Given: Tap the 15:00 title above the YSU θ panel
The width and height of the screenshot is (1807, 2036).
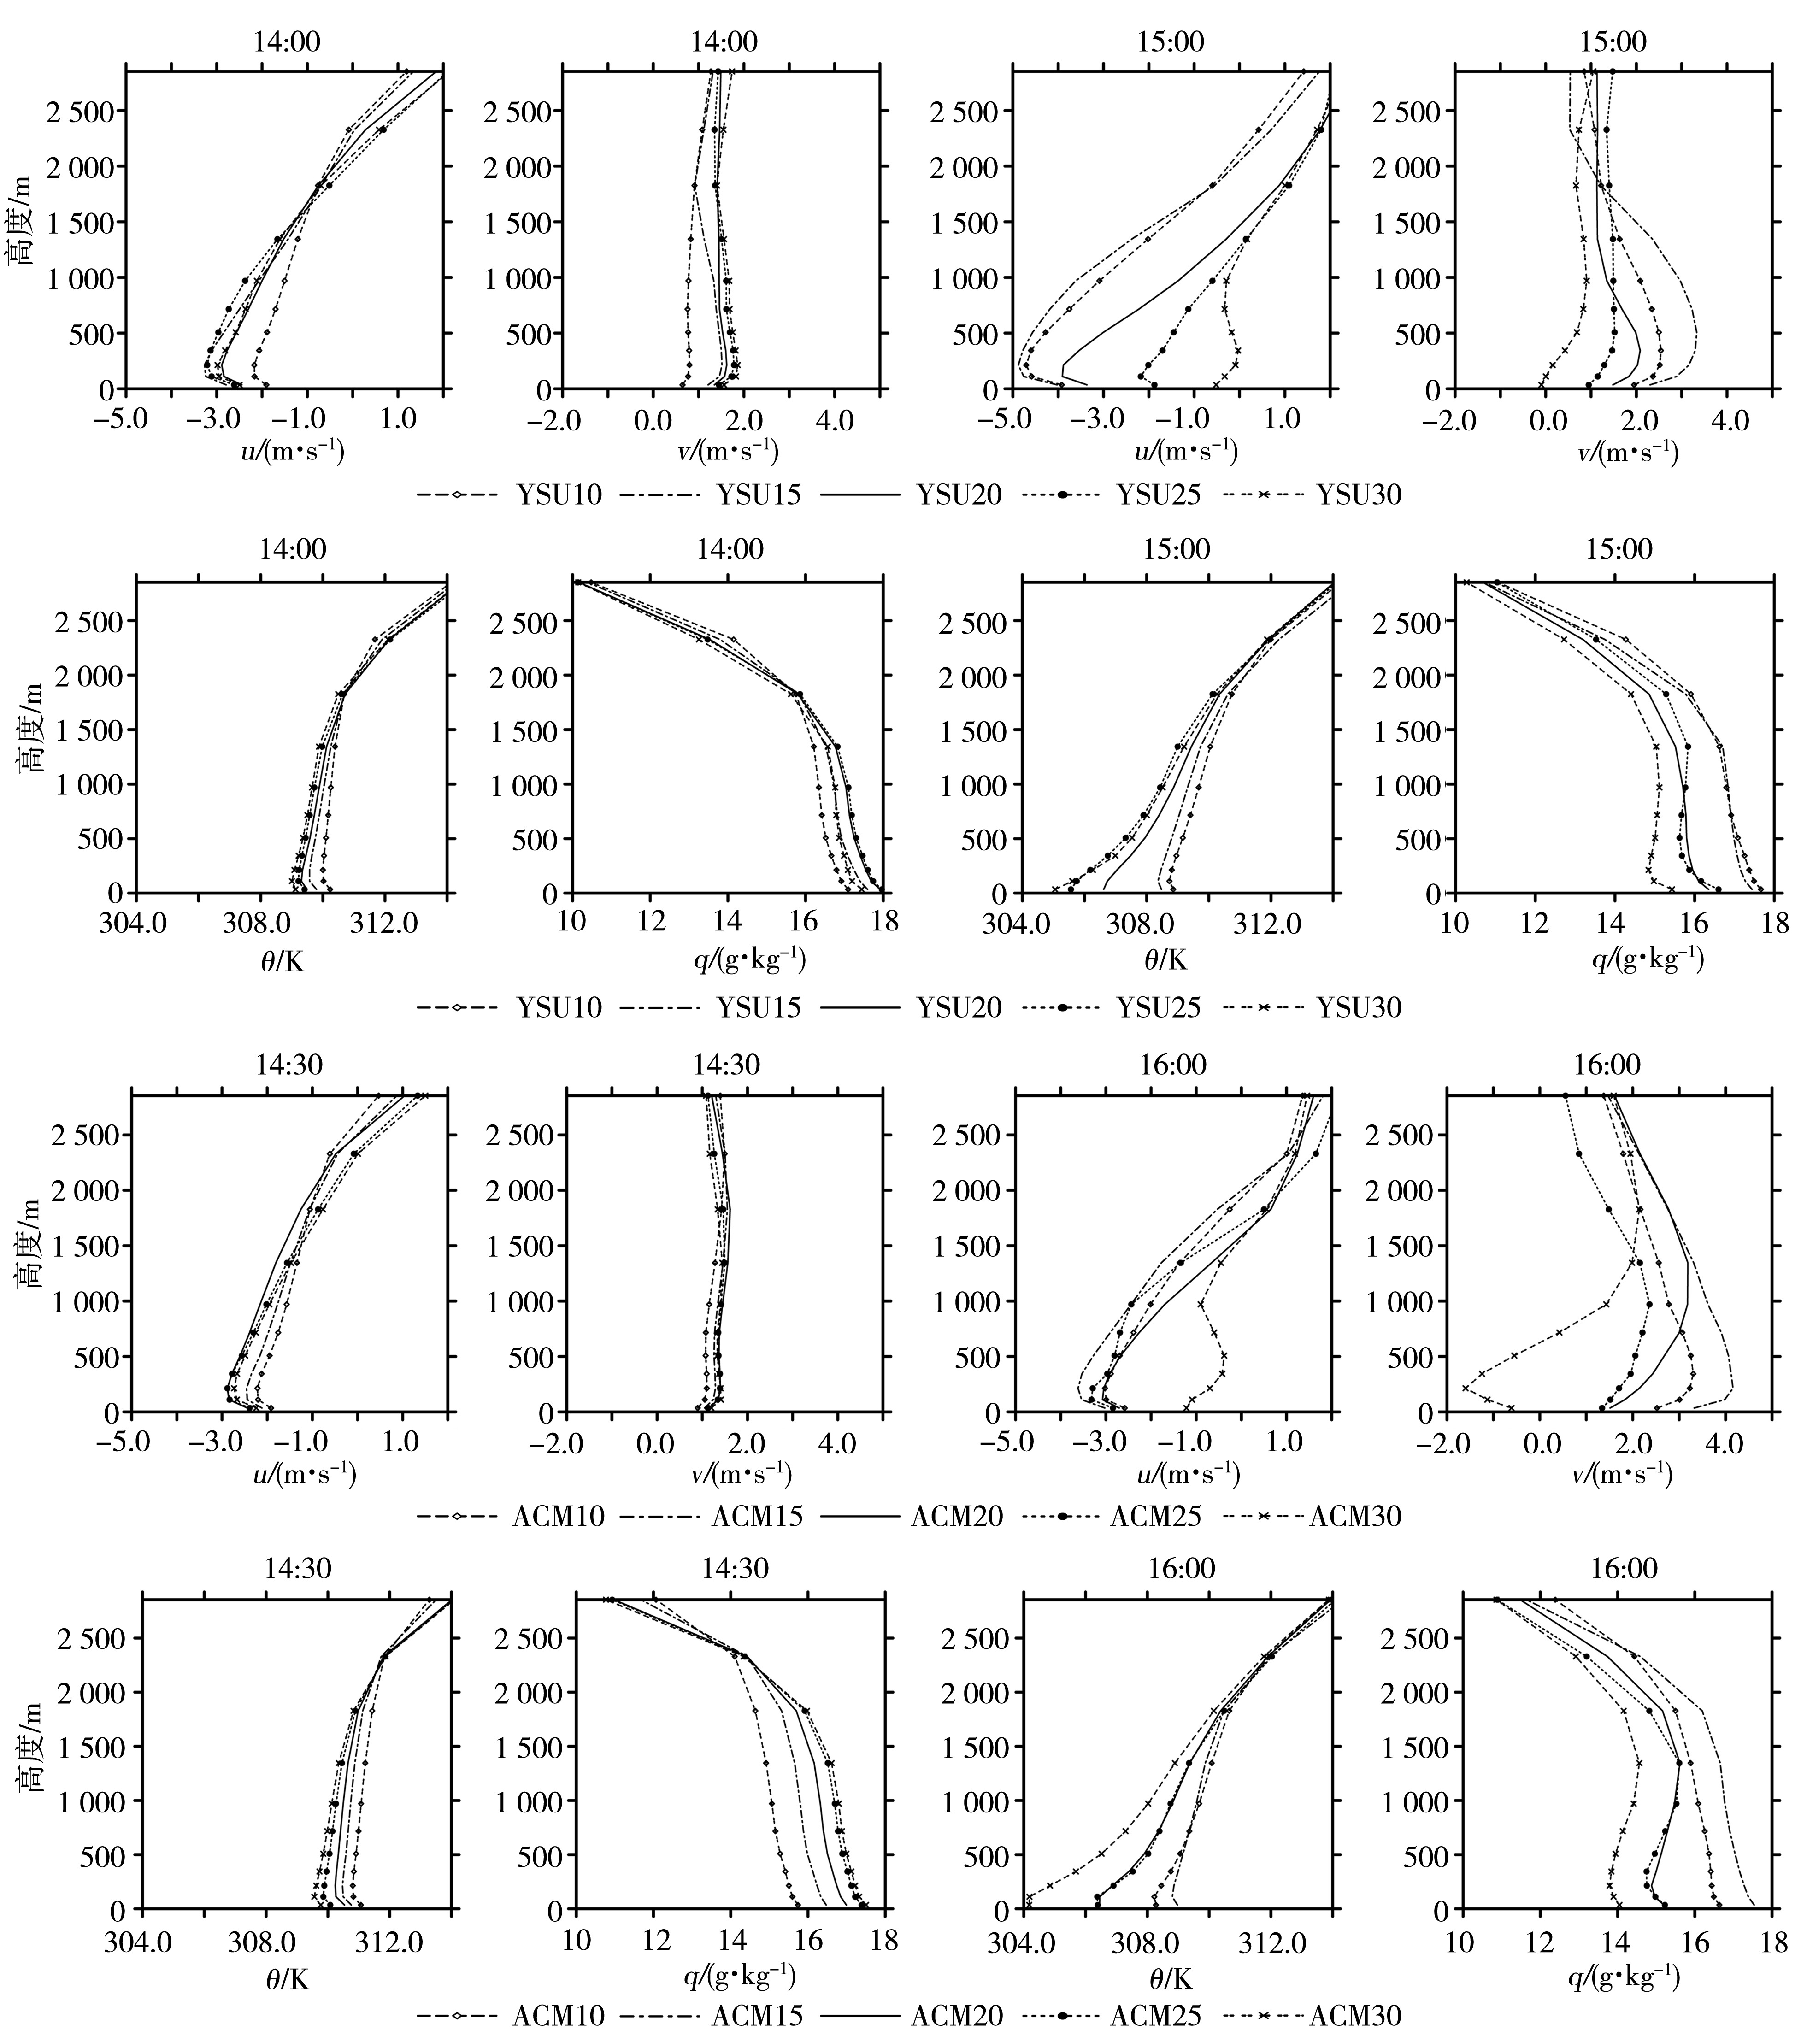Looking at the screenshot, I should pos(1176,550).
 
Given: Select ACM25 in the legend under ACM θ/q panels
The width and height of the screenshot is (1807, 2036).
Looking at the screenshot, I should pos(1155,2023).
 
